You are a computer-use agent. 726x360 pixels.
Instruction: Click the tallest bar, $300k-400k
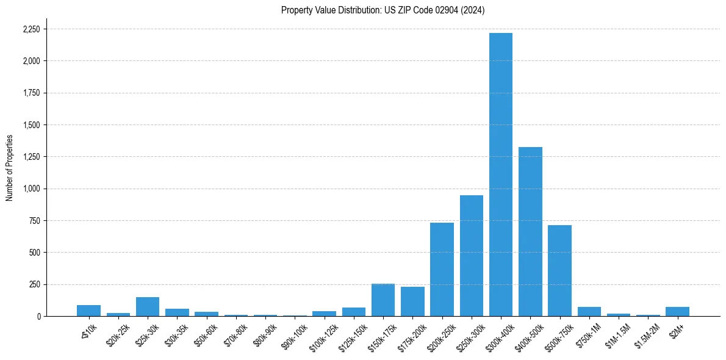click(501, 175)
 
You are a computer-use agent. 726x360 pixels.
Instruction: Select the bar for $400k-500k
click(530, 232)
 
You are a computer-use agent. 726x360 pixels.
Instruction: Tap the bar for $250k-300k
click(471, 256)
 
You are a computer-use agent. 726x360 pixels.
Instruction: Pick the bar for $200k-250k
click(442, 269)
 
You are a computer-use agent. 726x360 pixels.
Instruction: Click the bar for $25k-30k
click(148, 307)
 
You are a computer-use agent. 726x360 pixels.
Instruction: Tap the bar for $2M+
click(677, 312)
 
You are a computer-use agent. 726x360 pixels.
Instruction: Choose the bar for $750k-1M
click(589, 312)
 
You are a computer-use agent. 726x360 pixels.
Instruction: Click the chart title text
click(383, 10)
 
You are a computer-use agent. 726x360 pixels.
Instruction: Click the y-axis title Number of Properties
click(10, 168)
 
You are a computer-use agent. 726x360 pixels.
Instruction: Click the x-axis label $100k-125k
click(323, 333)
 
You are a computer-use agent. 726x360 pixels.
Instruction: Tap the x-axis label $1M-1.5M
click(617, 333)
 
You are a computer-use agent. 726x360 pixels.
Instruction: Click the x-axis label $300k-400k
click(499, 333)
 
